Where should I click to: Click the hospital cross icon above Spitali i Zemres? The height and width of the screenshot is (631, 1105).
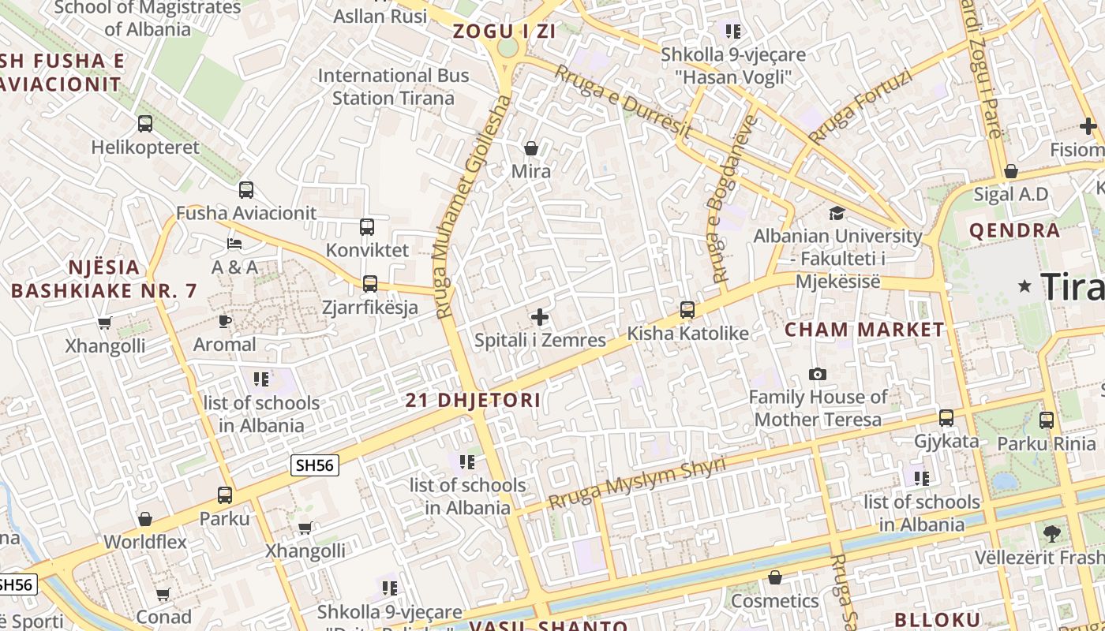(x=540, y=317)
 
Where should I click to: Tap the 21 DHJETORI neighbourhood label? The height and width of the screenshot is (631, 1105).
(x=474, y=400)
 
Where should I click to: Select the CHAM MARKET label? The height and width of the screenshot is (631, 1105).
(x=864, y=330)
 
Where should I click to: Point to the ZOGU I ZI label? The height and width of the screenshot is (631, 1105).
(x=504, y=32)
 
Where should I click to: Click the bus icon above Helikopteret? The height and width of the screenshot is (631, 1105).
(x=145, y=124)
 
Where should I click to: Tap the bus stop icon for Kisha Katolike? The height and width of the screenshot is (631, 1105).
(x=687, y=310)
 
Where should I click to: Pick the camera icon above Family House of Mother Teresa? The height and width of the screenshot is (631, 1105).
(x=818, y=374)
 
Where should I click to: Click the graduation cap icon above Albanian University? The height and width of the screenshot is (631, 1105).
(x=837, y=213)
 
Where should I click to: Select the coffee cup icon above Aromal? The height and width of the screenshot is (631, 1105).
(x=225, y=321)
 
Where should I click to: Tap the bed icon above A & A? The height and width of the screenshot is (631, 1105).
(x=234, y=244)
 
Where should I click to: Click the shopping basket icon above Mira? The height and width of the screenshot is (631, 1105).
(x=531, y=148)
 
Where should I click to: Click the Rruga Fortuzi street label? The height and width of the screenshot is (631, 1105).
(x=860, y=107)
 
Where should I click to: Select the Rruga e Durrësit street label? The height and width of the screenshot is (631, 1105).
(x=623, y=103)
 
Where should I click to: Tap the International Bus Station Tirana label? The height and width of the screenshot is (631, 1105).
(x=393, y=87)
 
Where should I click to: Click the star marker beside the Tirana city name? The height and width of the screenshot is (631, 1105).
(x=1025, y=286)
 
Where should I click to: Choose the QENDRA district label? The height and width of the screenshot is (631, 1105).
(x=1014, y=231)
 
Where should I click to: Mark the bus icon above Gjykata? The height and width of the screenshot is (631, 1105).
(x=946, y=418)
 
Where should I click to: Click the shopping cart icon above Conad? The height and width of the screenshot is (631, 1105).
(x=163, y=594)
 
